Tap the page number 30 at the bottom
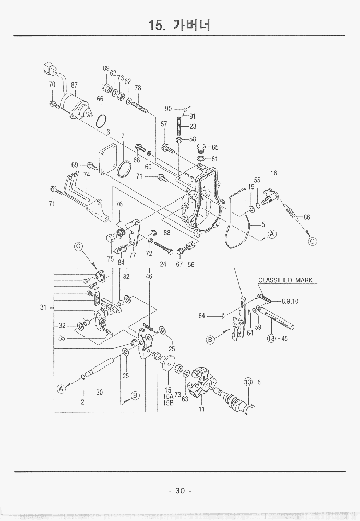(x=180, y=490)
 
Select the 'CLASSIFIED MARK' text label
(x=285, y=280)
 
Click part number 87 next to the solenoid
(x=74, y=85)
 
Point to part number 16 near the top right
(x=273, y=173)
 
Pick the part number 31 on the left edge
(x=43, y=307)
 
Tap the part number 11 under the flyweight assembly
(x=201, y=409)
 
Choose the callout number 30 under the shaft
(x=100, y=392)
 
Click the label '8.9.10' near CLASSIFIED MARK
(x=290, y=301)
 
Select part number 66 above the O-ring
(x=100, y=99)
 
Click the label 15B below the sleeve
(x=167, y=402)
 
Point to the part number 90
(x=168, y=109)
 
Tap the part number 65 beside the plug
(x=214, y=147)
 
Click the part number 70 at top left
(x=52, y=85)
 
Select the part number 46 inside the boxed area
(x=149, y=276)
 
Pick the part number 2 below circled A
(x=82, y=402)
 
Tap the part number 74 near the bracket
(x=86, y=175)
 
